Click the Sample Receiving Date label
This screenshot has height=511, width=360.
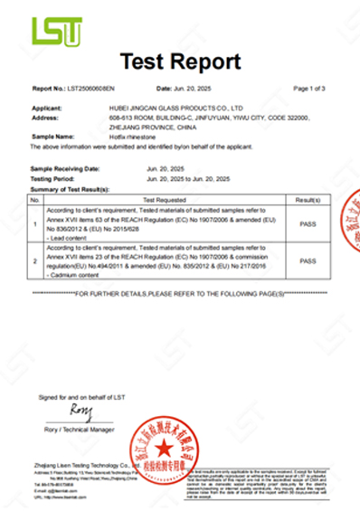(65, 169)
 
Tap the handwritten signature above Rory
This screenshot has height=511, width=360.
(81, 412)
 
